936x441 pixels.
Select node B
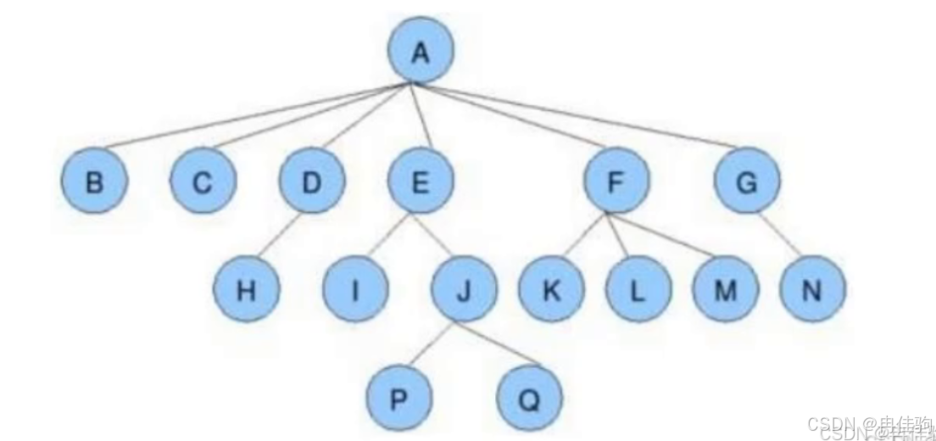pos(94,181)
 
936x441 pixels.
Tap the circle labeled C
pos(203,181)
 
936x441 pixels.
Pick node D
pos(312,181)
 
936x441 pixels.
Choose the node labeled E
pos(421,181)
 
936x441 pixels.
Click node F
pos(616,181)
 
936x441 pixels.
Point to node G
pos(747,181)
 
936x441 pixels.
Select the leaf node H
pos(246,291)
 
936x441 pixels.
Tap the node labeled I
pos(355,291)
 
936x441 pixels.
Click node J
pos(464,291)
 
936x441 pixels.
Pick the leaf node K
pos(551,291)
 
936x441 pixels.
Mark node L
pos(638,291)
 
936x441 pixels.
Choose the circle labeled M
pos(725,291)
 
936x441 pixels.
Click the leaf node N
pos(812,291)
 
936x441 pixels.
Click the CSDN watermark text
pos(869,425)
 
